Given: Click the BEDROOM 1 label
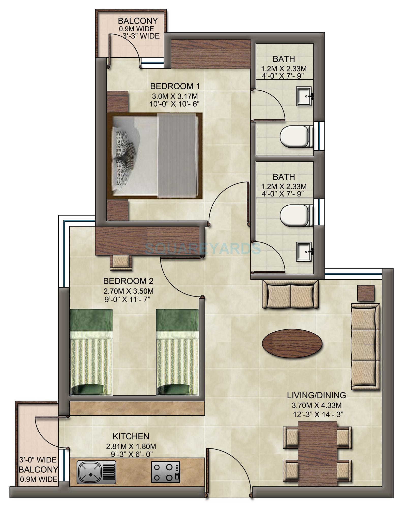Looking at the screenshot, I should click(175, 86).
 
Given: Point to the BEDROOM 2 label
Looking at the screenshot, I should click(128, 281).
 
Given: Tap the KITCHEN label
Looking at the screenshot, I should click(131, 436).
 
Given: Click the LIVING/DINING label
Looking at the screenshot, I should click(316, 395).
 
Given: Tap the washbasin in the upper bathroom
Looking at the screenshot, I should click(304, 96).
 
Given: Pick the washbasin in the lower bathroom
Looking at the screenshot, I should click(304, 252).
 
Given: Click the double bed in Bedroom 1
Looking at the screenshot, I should click(154, 156).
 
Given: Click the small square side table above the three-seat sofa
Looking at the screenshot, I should click(366, 293).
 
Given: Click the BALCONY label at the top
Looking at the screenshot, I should click(138, 21).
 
